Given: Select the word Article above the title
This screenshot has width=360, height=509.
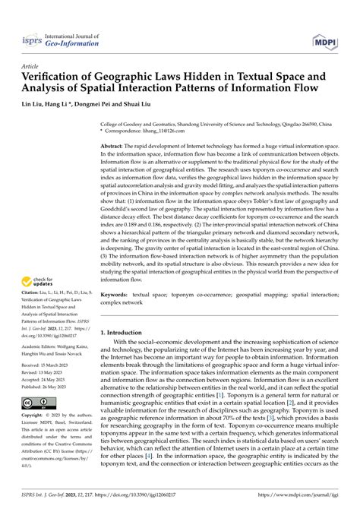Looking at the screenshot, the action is click(32, 66).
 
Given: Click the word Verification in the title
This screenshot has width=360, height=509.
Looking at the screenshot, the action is click(58, 77).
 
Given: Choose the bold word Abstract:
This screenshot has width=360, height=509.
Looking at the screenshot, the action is click(115, 145).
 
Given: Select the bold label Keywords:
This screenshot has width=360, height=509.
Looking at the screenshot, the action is click(117, 293).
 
